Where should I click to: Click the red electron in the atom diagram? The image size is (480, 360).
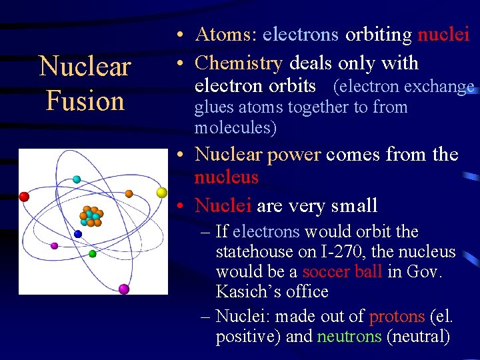tap(24, 197)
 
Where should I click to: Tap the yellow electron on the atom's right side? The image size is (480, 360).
tap(161, 193)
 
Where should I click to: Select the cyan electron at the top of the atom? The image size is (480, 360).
tap(77, 179)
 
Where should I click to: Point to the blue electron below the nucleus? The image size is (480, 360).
tap(78, 234)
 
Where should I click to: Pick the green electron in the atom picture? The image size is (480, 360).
tap(93, 253)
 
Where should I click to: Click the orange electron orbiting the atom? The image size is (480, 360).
tap(129, 194)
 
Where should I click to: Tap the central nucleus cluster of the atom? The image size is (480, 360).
tap(90, 216)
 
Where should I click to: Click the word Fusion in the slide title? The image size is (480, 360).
tap(85, 101)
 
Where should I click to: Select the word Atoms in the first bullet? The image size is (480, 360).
tap(225, 35)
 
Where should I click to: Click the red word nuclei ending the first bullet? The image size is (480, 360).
tap(443, 35)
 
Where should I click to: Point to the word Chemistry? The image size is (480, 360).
tap(239, 63)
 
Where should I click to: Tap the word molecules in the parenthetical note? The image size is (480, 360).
tap(235, 127)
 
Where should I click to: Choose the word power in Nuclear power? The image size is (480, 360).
tap(294, 155)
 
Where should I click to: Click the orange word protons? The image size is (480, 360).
tap(396, 317)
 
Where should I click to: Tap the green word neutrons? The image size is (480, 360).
tap(349, 337)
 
